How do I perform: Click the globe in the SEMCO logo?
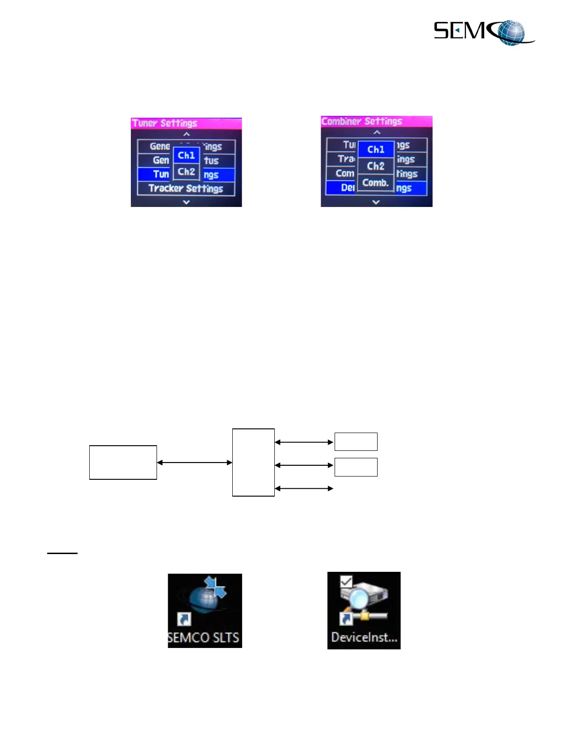tap(510, 32)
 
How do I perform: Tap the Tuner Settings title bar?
tap(186, 123)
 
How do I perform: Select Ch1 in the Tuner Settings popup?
tap(186, 155)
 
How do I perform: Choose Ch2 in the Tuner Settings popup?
tap(186, 171)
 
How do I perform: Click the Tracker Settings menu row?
tap(186, 189)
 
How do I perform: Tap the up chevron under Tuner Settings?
tap(186, 134)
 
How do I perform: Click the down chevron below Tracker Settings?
tap(186, 202)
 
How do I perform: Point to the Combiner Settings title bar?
tap(376, 121)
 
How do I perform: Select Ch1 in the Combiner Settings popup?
tap(376, 149)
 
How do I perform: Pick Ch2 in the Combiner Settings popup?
tap(376, 166)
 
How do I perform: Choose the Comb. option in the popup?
tap(376, 183)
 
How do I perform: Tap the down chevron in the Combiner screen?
tap(376, 202)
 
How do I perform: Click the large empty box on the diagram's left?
tap(123, 462)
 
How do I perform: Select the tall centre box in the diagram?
tap(253, 462)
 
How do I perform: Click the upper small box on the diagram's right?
tap(356, 441)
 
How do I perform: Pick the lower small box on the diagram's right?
tap(356, 467)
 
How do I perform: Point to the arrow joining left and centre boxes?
tap(194, 462)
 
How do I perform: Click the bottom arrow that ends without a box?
tap(304, 488)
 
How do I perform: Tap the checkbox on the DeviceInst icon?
tap(346, 582)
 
